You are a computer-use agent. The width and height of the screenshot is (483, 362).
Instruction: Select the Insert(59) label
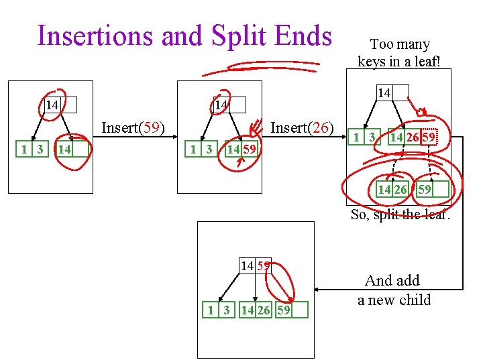pos(133,127)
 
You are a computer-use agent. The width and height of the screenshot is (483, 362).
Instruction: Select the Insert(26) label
pos(301,127)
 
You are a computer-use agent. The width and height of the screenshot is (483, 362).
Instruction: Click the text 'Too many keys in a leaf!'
pos(394,53)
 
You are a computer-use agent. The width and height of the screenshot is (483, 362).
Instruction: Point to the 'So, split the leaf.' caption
pos(400,215)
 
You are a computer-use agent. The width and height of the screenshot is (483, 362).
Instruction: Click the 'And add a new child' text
pos(394,290)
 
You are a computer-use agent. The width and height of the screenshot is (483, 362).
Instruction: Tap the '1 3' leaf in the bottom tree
pos(218,310)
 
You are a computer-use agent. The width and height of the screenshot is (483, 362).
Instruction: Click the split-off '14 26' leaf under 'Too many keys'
pos(392,190)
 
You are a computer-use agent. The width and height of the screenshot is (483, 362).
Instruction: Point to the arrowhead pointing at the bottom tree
pos(319,290)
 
